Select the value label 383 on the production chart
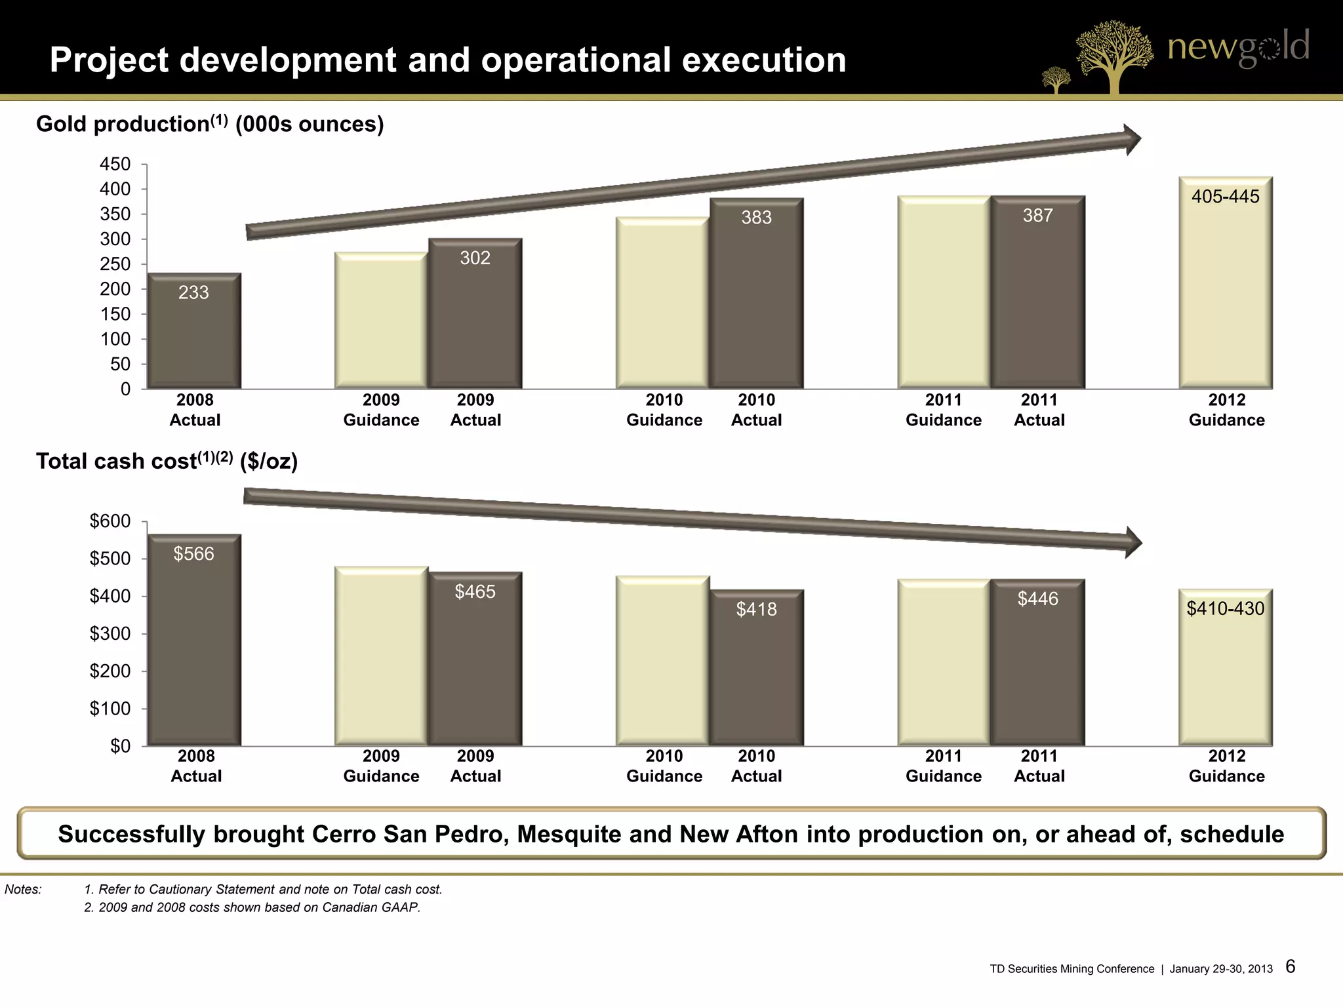pos(756,218)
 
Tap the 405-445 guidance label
pos(1225,197)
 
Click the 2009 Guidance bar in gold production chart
pos(381,321)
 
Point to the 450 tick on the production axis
pos(115,164)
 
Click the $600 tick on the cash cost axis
pos(110,521)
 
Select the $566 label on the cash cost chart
pos(193,554)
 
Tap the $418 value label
pos(756,610)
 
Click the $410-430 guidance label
pos(1225,608)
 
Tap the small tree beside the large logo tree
pos(1056,81)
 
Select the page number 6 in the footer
pos(1290,966)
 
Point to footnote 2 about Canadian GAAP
pos(252,907)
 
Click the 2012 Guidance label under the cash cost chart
pos(1226,766)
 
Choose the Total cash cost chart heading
pos(167,461)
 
